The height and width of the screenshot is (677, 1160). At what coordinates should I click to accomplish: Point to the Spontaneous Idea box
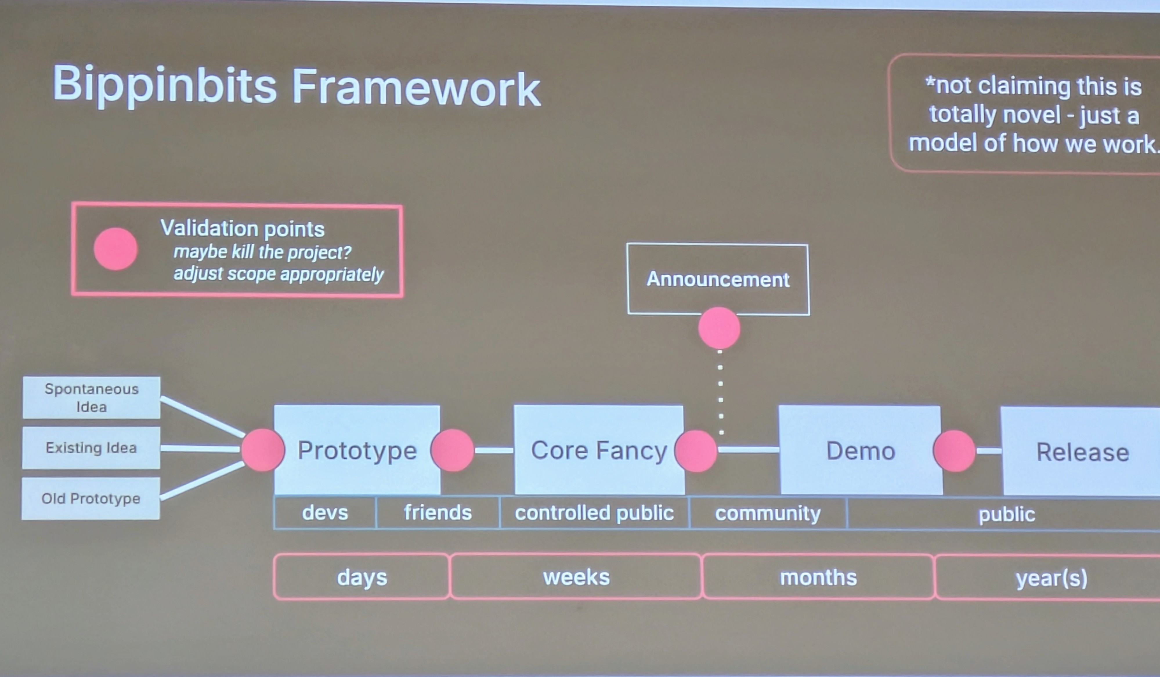point(91,398)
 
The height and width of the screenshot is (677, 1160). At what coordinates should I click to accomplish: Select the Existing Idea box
point(91,448)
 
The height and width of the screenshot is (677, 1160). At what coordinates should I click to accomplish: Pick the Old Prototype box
point(91,499)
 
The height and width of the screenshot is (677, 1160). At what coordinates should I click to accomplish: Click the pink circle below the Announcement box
point(719,328)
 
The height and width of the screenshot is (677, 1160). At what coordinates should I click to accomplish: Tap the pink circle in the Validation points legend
point(115,249)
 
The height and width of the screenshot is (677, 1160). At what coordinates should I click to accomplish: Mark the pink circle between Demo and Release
point(954,451)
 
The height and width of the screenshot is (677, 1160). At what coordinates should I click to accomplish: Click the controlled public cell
point(594,513)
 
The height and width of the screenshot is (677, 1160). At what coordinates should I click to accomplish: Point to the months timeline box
point(818,577)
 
